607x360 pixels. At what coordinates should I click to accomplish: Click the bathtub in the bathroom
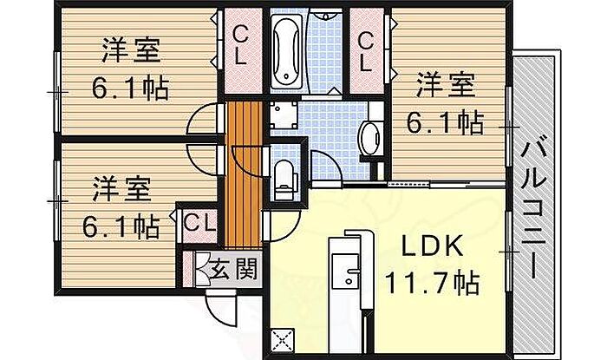tap(286, 51)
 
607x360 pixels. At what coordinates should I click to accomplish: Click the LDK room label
tap(432, 246)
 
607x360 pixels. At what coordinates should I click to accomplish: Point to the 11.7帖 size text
tap(432, 283)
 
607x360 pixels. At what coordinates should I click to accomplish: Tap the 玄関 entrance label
tap(233, 269)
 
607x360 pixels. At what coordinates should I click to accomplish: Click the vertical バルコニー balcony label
tap(533, 206)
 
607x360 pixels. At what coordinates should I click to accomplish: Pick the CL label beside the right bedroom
tap(366, 51)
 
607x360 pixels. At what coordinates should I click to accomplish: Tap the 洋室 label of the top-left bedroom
tap(131, 50)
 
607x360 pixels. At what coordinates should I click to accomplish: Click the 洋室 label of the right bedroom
tap(446, 86)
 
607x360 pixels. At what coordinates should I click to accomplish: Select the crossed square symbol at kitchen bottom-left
tap(283, 341)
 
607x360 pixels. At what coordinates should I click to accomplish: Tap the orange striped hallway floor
tap(245, 174)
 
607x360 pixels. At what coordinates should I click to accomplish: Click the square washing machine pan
tap(284, 115)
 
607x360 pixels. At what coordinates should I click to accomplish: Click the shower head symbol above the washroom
tap(325, 16)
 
